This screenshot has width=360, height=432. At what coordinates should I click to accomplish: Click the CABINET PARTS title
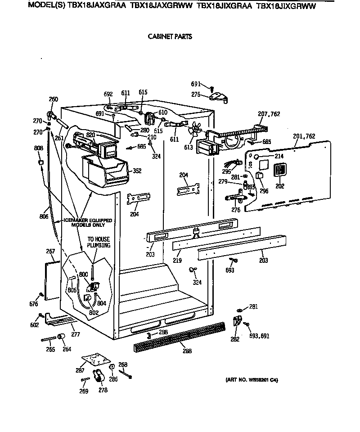pos(170,36)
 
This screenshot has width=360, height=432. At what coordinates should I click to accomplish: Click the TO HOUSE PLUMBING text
pos(98,243)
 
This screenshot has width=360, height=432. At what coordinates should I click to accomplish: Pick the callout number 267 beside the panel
pos(50,251)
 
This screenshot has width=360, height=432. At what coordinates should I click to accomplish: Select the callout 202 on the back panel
pos(280,185)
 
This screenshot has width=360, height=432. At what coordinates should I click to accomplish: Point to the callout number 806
pos(44,217)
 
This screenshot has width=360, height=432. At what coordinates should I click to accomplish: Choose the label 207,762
pos(269,114)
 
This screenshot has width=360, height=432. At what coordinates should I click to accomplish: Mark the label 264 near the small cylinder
pos(67,349)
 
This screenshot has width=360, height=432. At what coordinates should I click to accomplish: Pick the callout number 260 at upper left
pos(54,100)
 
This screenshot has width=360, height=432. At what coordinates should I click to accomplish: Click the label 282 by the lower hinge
pos(235,339)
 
